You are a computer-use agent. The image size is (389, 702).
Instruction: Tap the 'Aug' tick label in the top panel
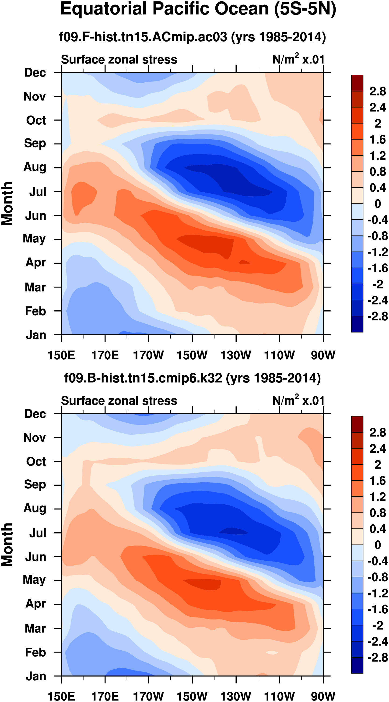(x=35, y=167)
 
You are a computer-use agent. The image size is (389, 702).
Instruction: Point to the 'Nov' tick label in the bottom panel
(x=35, y=437)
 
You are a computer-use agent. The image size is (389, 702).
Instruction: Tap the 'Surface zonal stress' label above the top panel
(x=119, y=60)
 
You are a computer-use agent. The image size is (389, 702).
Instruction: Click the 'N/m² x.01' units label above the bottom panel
(x=298, y=401)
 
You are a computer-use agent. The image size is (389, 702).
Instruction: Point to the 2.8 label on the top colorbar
(x=378, y=91)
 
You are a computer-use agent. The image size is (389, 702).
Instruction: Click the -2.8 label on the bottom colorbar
(x=378, y=658)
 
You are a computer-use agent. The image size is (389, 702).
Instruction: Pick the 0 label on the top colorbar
(x=378, y=204)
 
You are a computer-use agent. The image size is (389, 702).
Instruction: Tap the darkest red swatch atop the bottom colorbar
(x=357, y=424)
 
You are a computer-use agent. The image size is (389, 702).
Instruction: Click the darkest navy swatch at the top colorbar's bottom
(x=357, y=324)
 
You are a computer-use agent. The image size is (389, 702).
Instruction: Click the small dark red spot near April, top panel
(x=244, y=262)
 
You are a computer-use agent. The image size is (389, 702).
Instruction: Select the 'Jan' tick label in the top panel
(x=36, y=335)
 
